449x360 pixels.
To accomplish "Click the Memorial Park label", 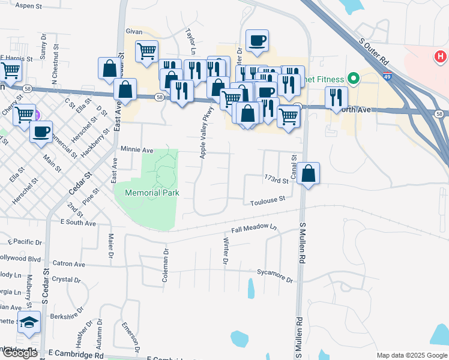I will pos(152,193).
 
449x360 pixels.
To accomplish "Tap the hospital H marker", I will pos(440,57).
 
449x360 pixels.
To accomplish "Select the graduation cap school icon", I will pos(29,322).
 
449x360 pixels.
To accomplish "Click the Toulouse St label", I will pos(267,202).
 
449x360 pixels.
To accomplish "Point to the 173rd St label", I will pos(276,178).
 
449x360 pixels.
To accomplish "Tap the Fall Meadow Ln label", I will pos(255,229).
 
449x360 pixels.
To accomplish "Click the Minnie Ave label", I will pos(137,149).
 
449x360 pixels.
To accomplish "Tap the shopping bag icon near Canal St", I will pos(308,174).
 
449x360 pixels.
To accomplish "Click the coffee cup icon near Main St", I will pos(41,132).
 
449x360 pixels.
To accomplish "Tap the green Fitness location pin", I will pos(354,79).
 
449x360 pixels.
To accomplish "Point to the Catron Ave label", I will pos(69,263).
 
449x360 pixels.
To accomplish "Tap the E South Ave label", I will pos(78,223).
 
